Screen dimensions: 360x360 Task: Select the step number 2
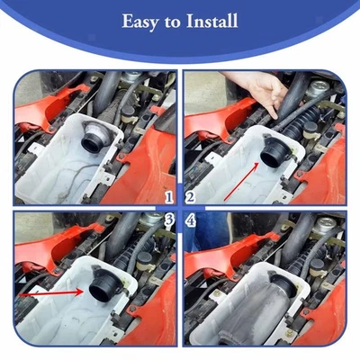point(191,196)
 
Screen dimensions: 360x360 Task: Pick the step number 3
point(168,219)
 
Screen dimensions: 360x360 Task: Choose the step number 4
point(191,219)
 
